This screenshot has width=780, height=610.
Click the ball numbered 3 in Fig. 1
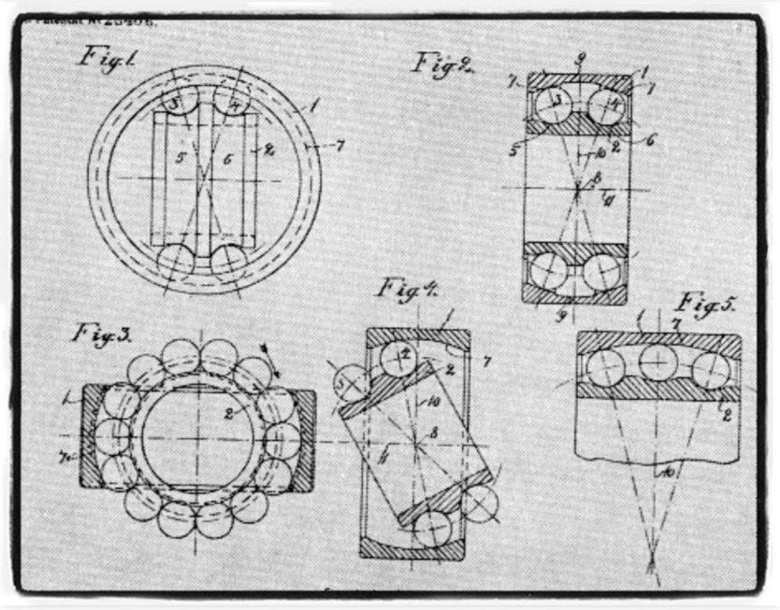pos(176,101)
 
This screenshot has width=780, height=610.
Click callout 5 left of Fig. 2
pos(513,149)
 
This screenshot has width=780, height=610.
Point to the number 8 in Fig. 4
pos(433,433)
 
